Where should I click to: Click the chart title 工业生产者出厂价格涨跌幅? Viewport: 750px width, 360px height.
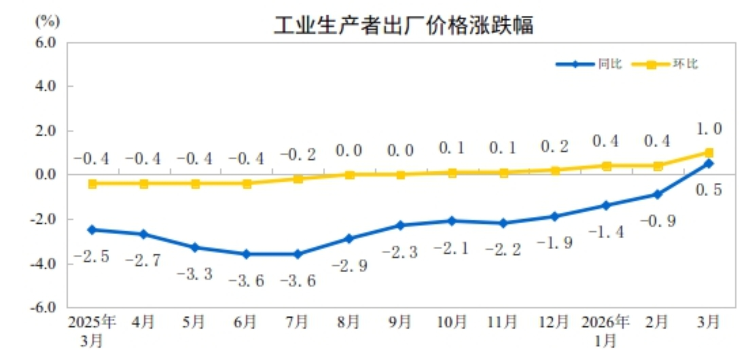coord(404,25)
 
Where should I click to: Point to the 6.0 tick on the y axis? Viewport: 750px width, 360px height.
coord(46,43)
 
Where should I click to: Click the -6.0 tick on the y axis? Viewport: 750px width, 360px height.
coord(43,307)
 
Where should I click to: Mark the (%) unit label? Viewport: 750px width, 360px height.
coord(48,21)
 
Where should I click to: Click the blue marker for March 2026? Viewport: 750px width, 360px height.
coord(709,164)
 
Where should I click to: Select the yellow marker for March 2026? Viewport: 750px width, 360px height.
coord(709,152)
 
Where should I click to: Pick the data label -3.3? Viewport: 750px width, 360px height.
coord(195,274)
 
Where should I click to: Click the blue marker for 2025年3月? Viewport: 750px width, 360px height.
coord(92,230)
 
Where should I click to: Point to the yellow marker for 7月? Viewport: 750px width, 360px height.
coord(298,179)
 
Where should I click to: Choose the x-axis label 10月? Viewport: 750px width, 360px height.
coord(452,322)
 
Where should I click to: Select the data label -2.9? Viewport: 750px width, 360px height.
coord(350,266)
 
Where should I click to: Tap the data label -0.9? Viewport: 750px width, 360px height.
coord(658,221)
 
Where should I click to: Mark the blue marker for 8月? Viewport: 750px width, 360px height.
coord(349,239)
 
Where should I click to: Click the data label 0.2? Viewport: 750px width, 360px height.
coord(554,147)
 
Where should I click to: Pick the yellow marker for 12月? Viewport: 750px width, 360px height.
coord(555,170)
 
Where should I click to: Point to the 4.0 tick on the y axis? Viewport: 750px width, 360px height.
coord(46,86)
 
